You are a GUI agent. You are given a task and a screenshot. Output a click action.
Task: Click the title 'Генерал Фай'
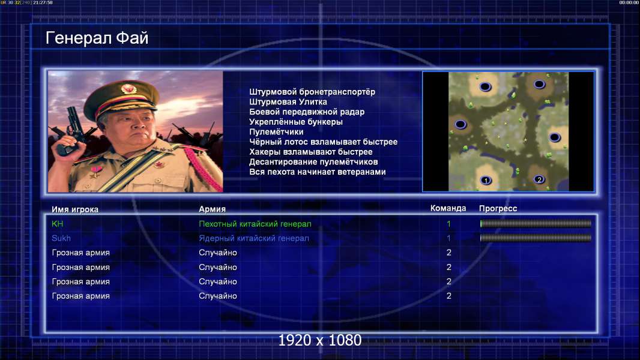[97, 38]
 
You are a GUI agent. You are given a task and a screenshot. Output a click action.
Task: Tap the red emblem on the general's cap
[128, 88]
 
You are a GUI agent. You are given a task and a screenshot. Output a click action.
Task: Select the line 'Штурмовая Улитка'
[288, 102]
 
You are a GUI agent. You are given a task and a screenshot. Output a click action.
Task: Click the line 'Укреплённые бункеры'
[296, 122]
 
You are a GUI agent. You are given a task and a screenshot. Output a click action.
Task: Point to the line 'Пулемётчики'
[276, 131]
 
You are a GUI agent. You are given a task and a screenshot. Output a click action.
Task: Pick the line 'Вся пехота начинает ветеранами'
[318, 172]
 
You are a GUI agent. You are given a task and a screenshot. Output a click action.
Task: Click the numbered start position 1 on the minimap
[486, 180]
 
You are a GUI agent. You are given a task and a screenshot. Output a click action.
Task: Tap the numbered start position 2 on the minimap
[539, 179]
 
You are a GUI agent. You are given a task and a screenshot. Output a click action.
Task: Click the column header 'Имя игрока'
[74, 209]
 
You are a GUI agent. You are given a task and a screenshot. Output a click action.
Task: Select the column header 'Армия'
[212, 209]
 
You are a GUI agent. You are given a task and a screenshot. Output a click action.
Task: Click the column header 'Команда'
[448, 208]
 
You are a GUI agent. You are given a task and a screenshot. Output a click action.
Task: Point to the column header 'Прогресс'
[498, 208]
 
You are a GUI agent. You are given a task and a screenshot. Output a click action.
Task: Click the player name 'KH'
[57, 224]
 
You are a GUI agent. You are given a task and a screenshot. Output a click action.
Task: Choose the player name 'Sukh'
[61, 238]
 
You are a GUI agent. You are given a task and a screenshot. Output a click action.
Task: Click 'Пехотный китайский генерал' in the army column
[255, 224]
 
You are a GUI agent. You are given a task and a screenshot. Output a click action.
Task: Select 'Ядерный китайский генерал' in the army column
[253, 238]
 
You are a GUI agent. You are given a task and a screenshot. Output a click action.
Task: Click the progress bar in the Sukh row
[536, 238]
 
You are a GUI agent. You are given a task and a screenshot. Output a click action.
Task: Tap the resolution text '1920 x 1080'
[319, 340]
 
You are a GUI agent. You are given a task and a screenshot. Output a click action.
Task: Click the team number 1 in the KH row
[448, 224]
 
